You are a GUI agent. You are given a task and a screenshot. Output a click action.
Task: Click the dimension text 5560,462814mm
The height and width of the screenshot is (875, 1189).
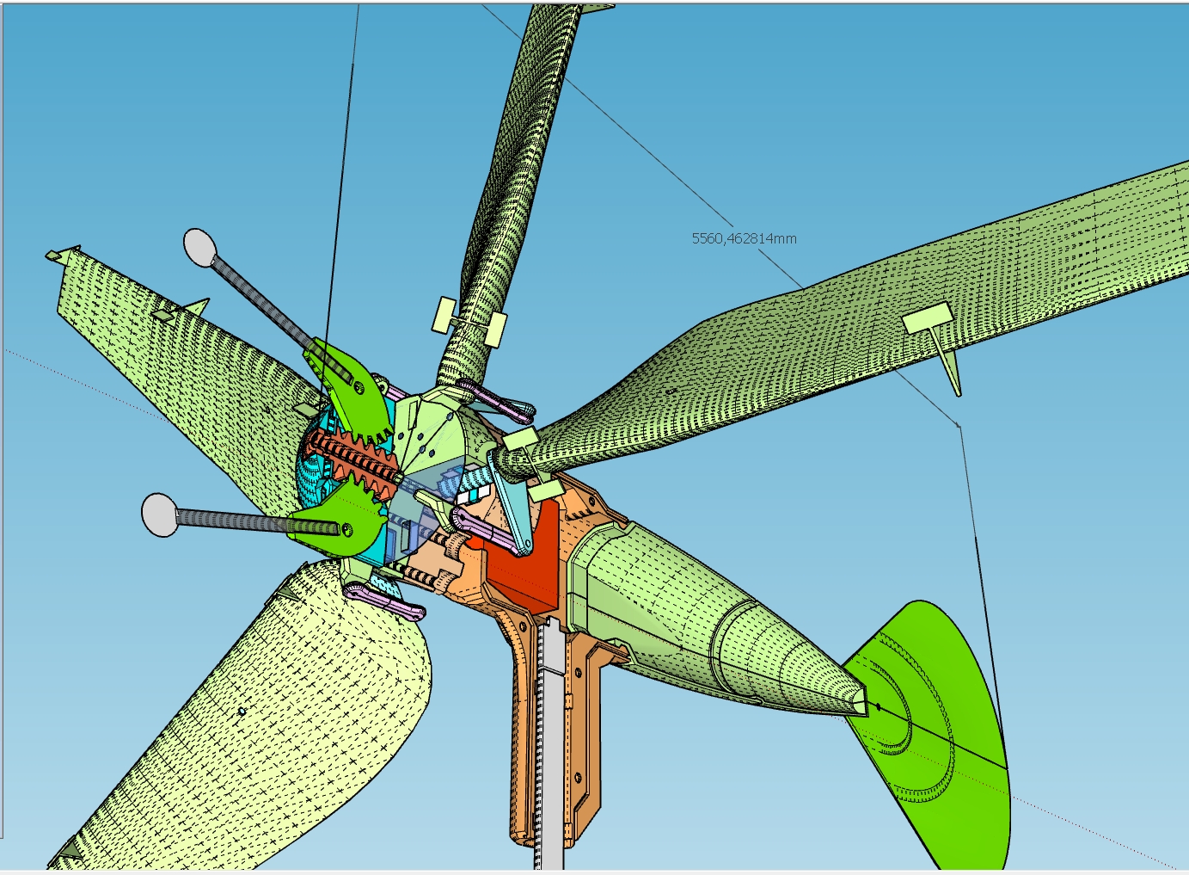tap(744, 238)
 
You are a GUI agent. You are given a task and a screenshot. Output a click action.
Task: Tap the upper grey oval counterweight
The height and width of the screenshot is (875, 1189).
tap(199, 247)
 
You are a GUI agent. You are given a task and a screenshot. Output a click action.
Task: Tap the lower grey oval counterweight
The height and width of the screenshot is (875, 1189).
tap(160, 515)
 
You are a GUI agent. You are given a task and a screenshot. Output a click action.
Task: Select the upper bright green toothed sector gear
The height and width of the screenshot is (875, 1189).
tap(352, 387)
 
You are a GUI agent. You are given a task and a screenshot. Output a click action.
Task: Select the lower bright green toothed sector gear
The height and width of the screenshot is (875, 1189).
tap(340, 521)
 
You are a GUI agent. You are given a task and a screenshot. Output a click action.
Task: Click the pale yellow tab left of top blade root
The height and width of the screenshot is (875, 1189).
tap(445, 314)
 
